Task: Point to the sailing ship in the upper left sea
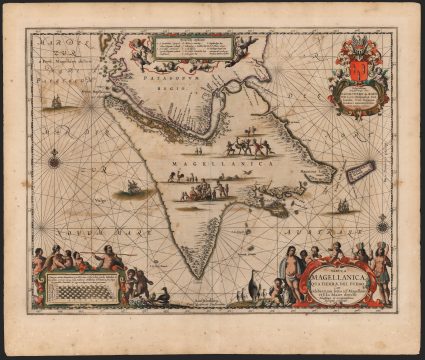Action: [56, 102]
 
